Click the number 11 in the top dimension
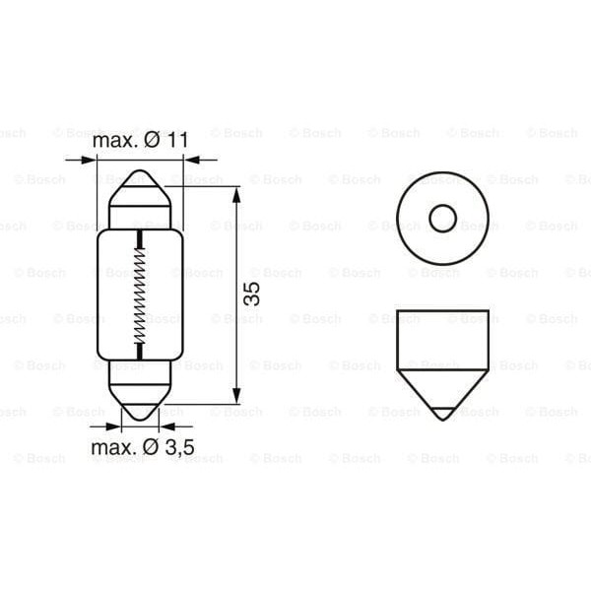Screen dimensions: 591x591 175,141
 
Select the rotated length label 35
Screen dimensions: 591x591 252,294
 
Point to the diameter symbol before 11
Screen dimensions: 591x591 151,141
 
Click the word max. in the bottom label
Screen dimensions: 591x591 112,448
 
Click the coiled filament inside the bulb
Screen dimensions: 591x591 140,295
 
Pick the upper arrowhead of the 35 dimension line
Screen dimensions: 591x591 236,193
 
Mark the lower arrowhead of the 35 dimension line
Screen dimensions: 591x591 236,396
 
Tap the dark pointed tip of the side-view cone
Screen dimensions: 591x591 441,411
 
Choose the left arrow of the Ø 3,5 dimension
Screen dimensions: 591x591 113,427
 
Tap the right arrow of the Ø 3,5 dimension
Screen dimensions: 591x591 166,427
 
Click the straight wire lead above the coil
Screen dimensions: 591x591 140,240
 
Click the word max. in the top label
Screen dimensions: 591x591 114,141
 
